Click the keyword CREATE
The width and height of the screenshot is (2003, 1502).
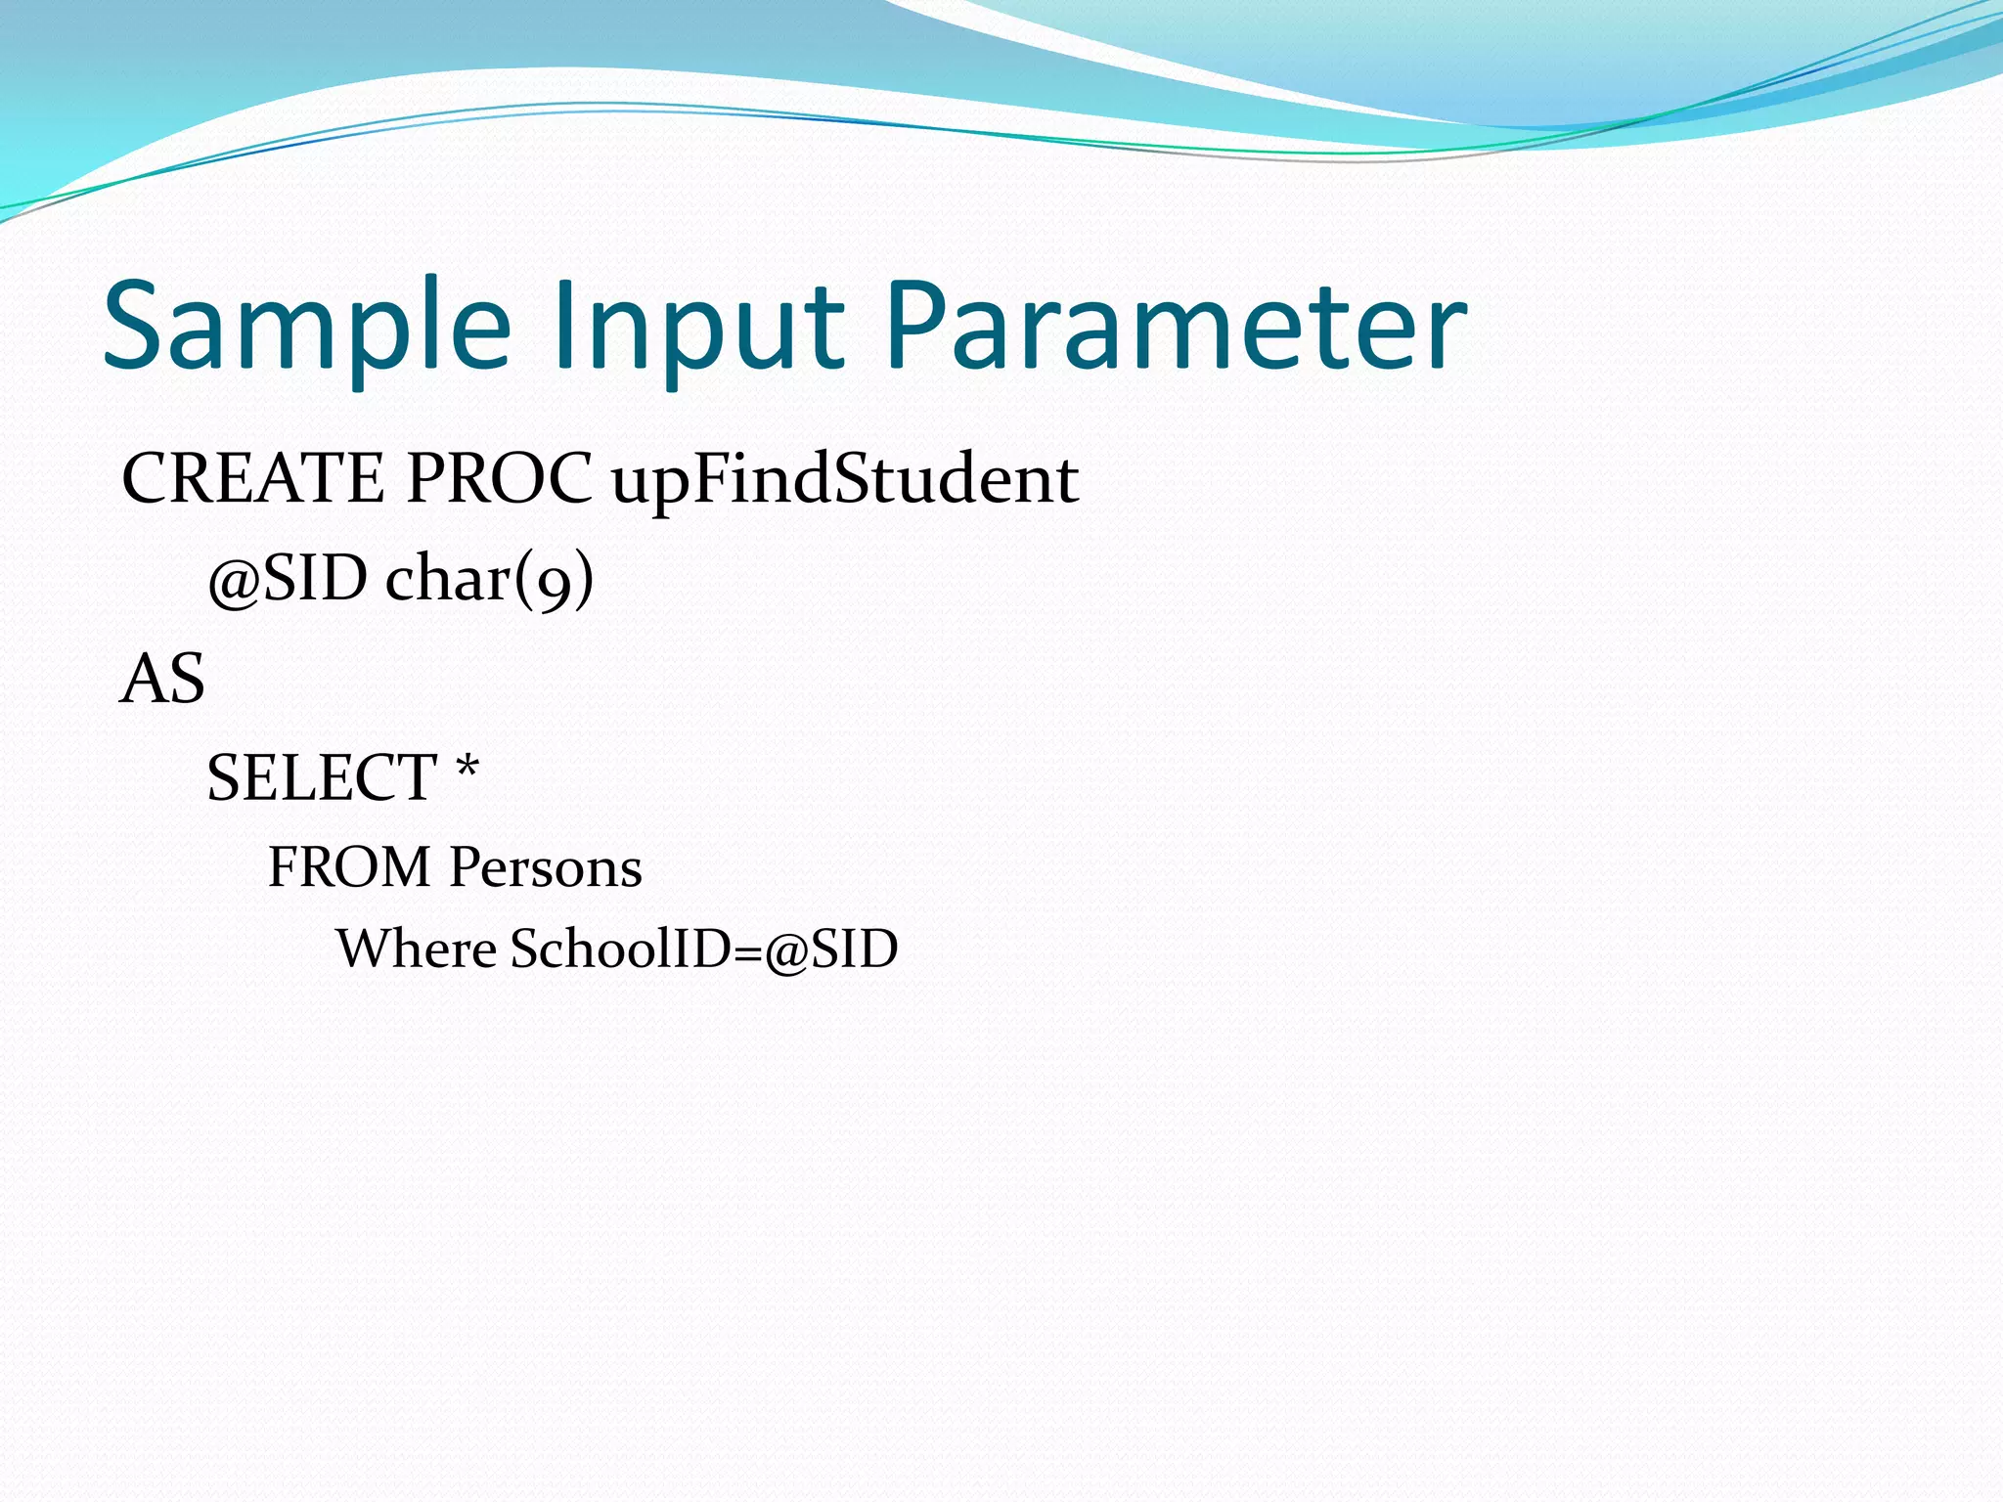click(x=252, y=479)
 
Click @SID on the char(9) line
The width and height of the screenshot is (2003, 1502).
click(x=288, y=579)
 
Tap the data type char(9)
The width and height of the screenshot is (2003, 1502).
click(x=489, y=579)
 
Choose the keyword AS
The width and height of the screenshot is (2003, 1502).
click(x=162, y=680)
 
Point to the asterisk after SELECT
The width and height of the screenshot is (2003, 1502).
click(x=467, y=768)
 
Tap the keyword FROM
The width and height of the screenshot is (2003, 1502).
click(x=349, y=867)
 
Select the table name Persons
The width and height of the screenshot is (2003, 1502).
click(x=546, y=867)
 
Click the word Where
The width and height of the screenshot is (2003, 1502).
click(x=417, y=949)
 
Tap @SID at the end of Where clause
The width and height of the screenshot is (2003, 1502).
click(x=831, y=950)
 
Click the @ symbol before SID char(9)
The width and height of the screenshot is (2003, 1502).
click(x=233, y=582)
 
